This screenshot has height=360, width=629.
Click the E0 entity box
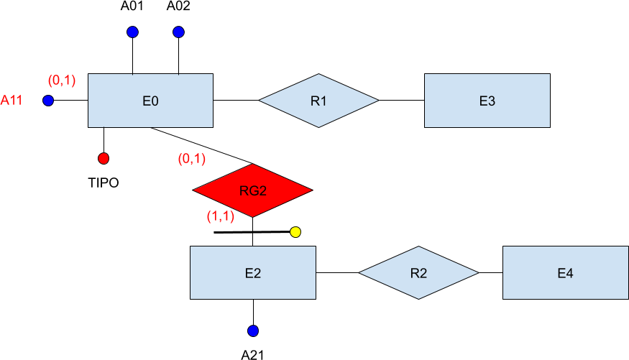pyautogui.click(x=150, y=101)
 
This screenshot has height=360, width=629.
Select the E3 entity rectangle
pyautogui.click(x=487, y=101)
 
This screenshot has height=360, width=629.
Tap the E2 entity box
pyautogui.click(x=252, y=272)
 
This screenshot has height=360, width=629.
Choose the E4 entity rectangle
pyautogui.click(x=565, y=272)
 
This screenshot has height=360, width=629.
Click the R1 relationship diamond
pyautogui.click(x=318, y=101)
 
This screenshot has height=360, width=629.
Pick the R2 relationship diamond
pyautogui.click(x=418, y=272)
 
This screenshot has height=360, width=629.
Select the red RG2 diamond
pyautogui.click(x=252, y=190)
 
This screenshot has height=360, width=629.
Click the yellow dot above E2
pyautogui.click(x=295, y=232)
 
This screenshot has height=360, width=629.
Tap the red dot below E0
pyautogui.click(x=104, y=158)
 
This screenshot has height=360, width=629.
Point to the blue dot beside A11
pyautogui.click(x=48, y=101)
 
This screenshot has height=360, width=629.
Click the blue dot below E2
pyautogui.click(x=253, y=331)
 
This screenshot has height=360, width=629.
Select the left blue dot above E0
pyautogui.click(x=132, y=32)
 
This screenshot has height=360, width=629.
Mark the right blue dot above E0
pyautogui.click(x=179, y=32)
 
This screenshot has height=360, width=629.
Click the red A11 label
pyautogui.click(x=12, y=101)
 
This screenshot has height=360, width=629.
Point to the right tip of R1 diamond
pyautogui.click(x=378, y=101)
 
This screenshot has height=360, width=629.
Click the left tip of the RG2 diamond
pyautogui.click(x=194, y=190)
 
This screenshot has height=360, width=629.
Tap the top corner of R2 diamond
pyautogui.click(x=418, y=247)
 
